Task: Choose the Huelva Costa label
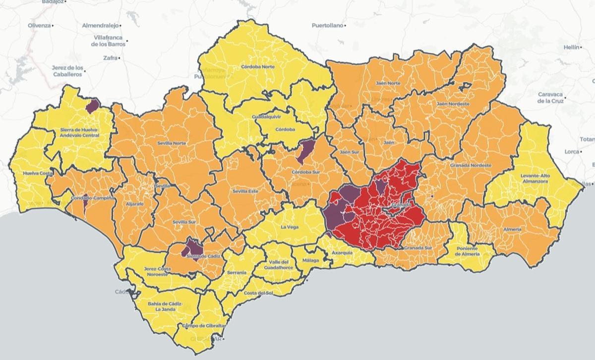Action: click(38, 174)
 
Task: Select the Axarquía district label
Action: click(342, 252)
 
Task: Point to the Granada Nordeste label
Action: click(471, 165)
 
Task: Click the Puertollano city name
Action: click(328, 25)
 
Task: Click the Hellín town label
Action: click(571, 47)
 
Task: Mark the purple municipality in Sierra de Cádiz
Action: click(191, 247)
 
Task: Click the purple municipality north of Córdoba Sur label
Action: click(305, 150)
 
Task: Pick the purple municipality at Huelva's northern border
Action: click(92, 105)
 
